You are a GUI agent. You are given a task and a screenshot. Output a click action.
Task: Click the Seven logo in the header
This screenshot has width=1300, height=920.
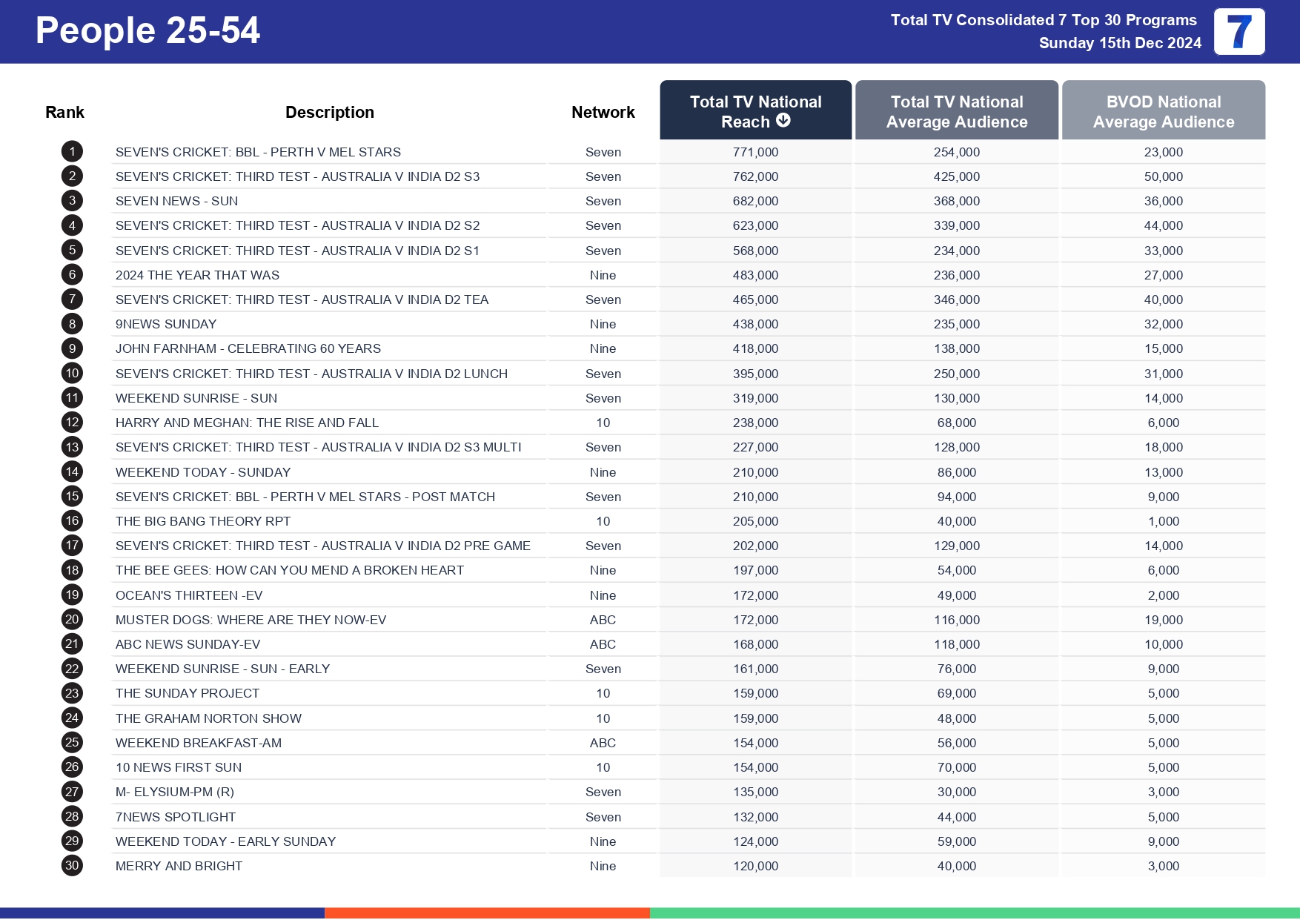pos(1239,32)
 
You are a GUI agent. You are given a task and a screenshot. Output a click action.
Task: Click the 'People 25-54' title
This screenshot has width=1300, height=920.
pos(147,31)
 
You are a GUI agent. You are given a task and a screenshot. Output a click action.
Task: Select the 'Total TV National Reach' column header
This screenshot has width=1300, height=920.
pos(755,111)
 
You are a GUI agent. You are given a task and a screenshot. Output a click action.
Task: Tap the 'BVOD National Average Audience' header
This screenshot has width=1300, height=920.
pos(1163,111)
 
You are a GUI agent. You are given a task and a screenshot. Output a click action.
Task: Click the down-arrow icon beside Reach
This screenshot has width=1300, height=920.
pos(783,120)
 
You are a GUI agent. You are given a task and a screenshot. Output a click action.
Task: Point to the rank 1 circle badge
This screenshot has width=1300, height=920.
pos(72,152)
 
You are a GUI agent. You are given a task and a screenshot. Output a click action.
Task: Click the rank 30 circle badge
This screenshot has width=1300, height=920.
pos(72,865)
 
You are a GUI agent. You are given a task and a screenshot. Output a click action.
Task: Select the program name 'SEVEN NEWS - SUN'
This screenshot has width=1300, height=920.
pos(176,201)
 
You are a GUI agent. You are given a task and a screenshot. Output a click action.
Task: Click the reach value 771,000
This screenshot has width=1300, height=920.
pos(755,152)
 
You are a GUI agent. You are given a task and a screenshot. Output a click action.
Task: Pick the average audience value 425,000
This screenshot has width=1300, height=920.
pos(956,176)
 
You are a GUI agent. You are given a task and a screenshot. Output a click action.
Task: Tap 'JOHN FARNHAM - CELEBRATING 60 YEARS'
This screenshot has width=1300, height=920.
pos(248,348)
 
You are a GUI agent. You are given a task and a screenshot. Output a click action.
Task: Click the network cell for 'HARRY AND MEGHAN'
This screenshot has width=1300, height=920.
pos(603,423)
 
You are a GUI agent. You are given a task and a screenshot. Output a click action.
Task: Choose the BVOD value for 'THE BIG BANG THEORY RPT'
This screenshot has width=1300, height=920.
pos(1163,521)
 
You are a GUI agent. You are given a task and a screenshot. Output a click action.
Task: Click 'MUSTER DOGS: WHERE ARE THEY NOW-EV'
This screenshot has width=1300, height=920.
pos(251,620)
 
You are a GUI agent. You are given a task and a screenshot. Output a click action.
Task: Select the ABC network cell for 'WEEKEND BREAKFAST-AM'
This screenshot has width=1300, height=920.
pos(603,743)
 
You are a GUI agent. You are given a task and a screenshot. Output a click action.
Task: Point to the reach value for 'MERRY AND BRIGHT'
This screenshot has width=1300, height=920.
pos(755,866)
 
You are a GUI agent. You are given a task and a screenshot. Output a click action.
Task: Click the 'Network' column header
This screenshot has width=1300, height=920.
pos(603,112)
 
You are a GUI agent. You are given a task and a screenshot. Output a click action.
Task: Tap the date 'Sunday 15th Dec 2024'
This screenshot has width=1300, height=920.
pos(1119,43)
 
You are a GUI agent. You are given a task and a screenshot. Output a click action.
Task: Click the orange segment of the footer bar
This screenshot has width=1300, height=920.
pos(487,913)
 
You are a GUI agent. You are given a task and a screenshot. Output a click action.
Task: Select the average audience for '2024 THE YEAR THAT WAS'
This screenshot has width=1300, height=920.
pos(956,275)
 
